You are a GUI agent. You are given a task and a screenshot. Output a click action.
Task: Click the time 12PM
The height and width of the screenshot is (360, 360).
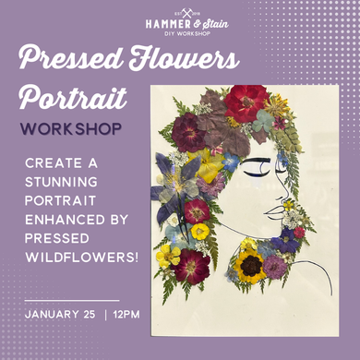[x=126, y=315]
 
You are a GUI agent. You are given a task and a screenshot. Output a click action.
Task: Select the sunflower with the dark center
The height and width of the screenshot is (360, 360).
[x=249, y=266]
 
